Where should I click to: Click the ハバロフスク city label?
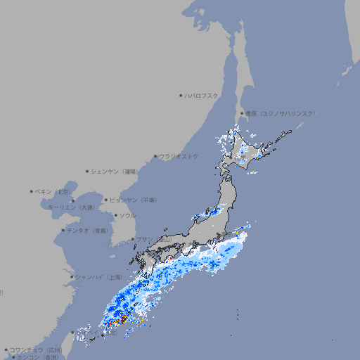point(202,95)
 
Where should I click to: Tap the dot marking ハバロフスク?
point(181,95)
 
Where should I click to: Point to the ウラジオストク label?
point(179,156)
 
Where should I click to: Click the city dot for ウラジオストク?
point(155,156)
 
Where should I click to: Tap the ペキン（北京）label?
point(54,191)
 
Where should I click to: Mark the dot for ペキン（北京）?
point(32,191)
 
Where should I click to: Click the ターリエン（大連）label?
point(71,207)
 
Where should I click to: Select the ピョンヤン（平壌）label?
point(133,200)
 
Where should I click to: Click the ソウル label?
point(127,215)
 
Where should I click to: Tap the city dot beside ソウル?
point(115,215)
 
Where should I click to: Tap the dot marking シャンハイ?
point(72,276)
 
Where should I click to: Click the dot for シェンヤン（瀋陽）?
point(87,171)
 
